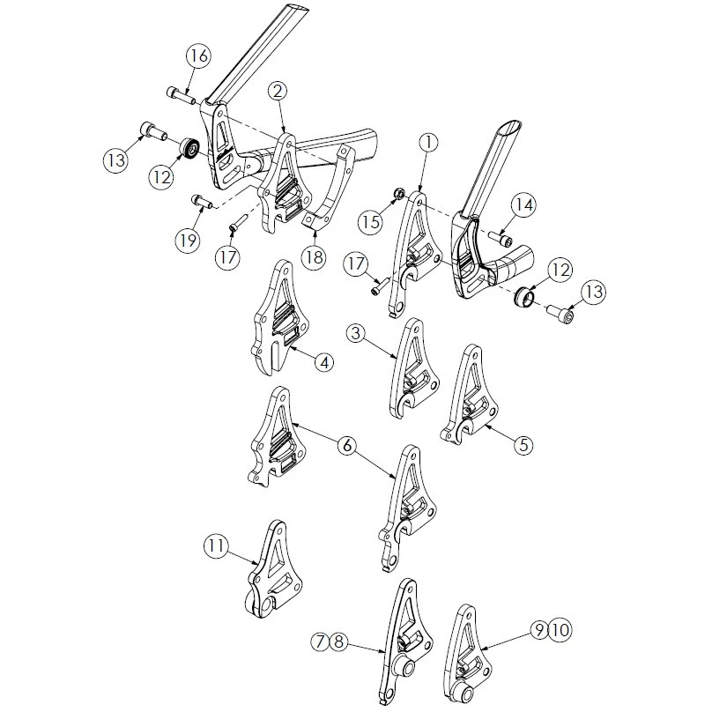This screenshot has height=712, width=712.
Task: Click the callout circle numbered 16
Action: (x=198, y=56)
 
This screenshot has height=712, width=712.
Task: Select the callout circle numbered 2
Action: (x=278, y=91)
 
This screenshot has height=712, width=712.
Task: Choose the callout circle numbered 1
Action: (x=428, y=142)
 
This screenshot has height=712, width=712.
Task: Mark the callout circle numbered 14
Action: (x=523, y=204)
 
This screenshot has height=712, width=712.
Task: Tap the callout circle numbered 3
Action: (x=355, y=334)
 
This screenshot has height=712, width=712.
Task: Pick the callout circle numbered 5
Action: (x=523, y=445)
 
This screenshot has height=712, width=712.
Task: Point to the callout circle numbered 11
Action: (x=216, y=545)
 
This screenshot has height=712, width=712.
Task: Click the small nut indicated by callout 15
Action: (x=397, y=194)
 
